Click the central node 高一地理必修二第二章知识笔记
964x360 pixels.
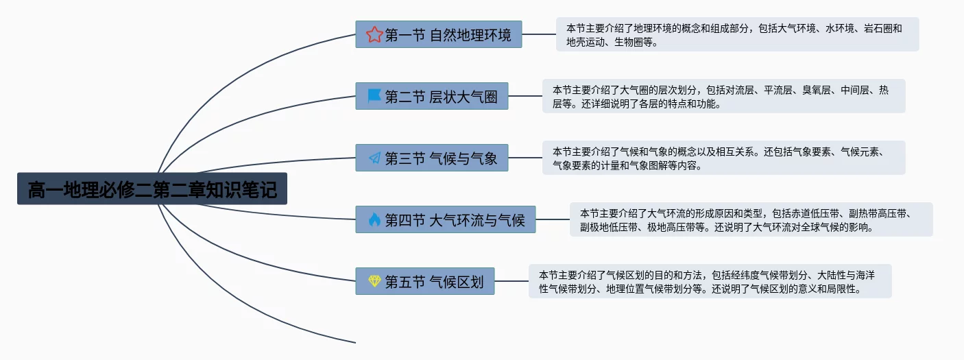pos(152,189)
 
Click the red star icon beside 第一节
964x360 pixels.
pos(374,34)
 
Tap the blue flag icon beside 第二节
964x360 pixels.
pos(374,96)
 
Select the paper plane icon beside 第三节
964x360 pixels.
pos(374,158)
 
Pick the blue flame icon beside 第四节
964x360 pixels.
pos(374,219)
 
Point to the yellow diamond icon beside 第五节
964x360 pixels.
pos(374,281)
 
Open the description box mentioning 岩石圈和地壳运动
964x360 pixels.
pos(737,34)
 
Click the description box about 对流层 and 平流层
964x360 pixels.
pos(723,96)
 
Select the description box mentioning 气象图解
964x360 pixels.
pos(723,158)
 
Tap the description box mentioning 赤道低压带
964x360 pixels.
pos(751,219)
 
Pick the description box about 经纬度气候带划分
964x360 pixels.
pos(710,281)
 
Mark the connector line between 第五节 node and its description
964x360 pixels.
pos(511,281)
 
